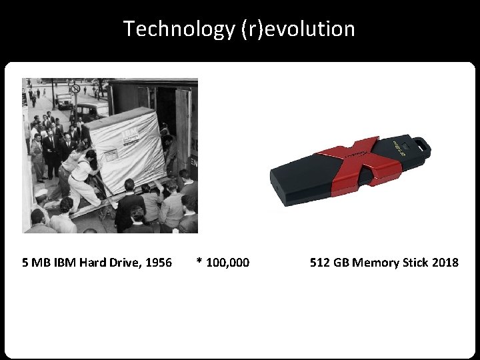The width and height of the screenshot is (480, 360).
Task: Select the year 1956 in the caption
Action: pos(158,263)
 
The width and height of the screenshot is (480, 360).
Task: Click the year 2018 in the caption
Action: pos(445,263)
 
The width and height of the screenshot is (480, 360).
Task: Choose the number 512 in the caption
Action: pos(320,263)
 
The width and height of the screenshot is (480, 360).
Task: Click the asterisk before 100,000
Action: pos(199,262)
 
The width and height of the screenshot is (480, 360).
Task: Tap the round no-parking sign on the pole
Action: pos(75,89)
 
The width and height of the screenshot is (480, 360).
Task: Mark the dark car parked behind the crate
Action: pos(93,111)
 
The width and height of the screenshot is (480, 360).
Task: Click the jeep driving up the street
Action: pos(64,101)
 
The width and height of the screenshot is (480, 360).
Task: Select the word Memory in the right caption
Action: pos(377,263)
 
